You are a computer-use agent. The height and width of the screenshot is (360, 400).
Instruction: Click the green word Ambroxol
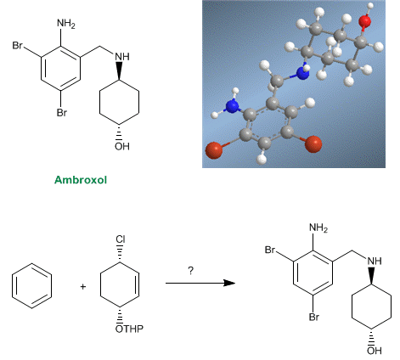pos(81,180)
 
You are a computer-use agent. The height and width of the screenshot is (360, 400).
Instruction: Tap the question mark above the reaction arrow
pos(191,271)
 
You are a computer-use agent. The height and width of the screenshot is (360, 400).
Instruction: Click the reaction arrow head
pos(229,283)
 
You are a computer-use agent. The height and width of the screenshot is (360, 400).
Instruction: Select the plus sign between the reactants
pos(83,287)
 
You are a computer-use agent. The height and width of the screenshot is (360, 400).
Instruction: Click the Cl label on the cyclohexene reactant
pos(121,239)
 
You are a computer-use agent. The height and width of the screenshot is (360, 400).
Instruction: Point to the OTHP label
pos(129,329)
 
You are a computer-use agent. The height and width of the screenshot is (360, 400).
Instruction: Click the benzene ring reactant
pos(12,286)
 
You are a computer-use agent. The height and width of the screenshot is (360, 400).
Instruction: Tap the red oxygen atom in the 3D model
pos(365,21)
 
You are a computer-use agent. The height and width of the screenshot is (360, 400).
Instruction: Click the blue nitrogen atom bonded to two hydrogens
pos(233,107)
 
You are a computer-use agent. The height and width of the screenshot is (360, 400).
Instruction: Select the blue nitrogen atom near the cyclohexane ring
pos(302,73)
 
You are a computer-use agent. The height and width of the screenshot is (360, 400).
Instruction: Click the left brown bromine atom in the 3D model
pos(214,150)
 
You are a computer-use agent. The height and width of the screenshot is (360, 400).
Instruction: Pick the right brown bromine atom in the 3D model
pos(313,144)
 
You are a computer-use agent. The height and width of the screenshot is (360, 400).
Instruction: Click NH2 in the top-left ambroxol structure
pos(66,23)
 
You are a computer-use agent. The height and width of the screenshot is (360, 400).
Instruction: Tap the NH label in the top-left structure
pos(122,57)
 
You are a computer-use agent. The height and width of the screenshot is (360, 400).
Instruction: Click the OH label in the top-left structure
pos(122,146)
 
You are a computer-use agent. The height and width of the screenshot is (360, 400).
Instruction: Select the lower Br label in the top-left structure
pos(62,113)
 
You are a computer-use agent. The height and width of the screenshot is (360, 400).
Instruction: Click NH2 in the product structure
pos(318,228)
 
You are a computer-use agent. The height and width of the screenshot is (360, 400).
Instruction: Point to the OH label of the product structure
pos(375,351)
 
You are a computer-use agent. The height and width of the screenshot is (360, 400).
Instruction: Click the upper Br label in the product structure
pos(270,250)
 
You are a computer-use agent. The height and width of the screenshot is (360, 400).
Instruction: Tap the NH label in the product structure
pos(375,261)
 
